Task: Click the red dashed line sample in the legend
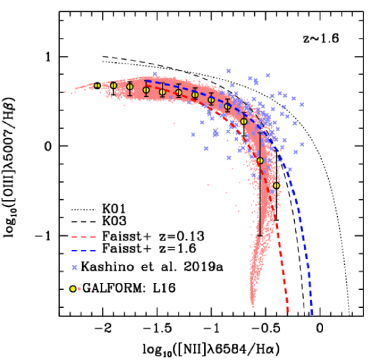tap(83, 237)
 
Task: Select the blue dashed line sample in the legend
tap(83, 251)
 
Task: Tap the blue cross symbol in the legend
tap(74, 267)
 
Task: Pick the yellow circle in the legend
tap(73, 289)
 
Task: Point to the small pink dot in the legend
tap(79, 289)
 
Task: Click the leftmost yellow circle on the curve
tap(97, 85)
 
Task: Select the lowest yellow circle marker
tap(276, 186)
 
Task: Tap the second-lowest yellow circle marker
tap(260, 161)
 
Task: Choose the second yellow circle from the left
tap(114, 85)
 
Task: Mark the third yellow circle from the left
tap(130, 87)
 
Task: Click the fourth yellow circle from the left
tap(146, 90)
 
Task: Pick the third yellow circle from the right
tap(243, 122)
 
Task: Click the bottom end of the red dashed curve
tap(288, 312)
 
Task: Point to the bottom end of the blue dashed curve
tap(313, 314)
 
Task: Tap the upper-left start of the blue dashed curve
tap(145, 80)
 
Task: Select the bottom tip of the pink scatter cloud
tap(252, 307)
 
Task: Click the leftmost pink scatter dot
tap(65, 92)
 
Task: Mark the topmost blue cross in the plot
tap(228, 71)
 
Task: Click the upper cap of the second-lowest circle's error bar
tap(260, 134)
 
